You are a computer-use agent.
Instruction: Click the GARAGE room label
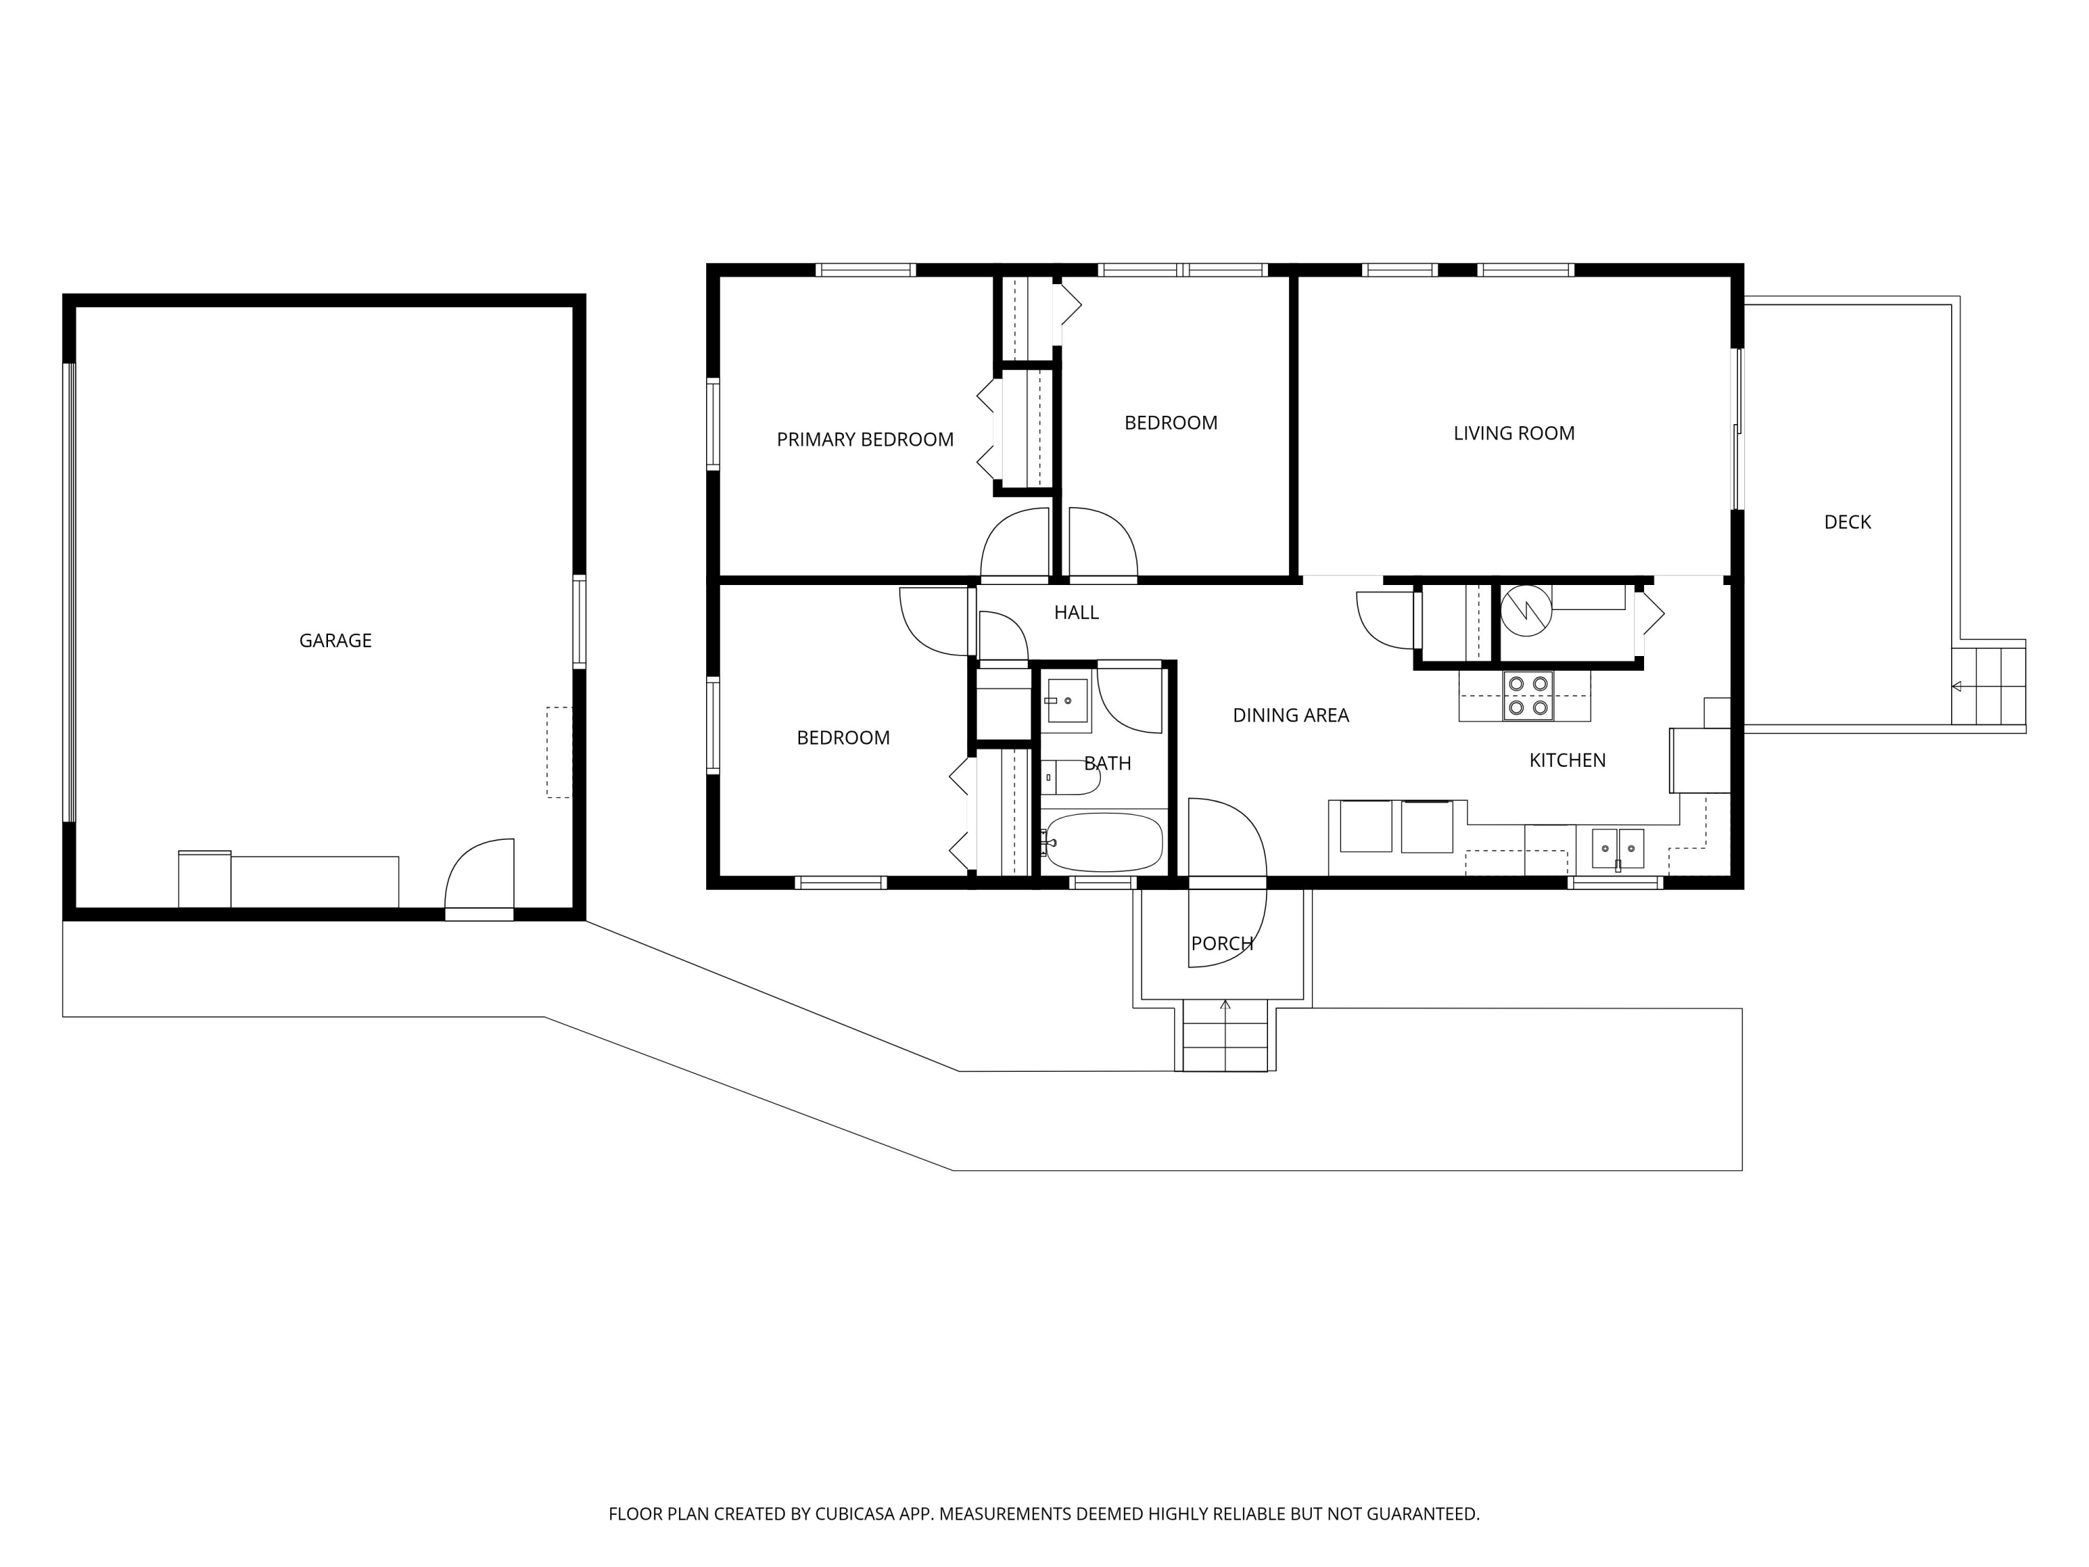335,641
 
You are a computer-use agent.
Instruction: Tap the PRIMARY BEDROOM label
865,439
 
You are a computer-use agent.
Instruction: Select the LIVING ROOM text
1514,434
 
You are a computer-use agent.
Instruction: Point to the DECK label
1847,522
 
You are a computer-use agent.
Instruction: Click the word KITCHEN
1567,761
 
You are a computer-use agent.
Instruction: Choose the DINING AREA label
1291,716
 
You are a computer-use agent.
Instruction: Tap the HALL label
1077,613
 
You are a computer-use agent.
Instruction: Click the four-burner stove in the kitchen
1528,696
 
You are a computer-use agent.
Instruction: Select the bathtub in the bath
1104,841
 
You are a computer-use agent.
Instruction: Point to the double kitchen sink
1618,848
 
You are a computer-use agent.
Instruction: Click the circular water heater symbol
1526,610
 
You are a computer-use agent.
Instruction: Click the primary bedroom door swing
1015,543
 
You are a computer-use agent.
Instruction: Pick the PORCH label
1222,944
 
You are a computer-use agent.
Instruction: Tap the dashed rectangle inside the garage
559,753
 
